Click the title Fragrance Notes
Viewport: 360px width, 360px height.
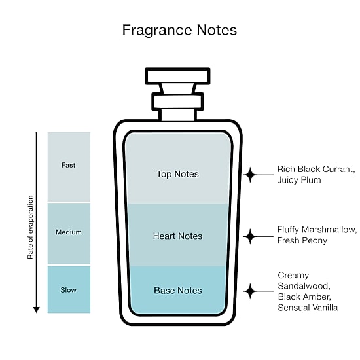tap(179, 30)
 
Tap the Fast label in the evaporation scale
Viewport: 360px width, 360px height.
tap(68, 165)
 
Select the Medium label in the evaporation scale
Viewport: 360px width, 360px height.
tap(69, 232)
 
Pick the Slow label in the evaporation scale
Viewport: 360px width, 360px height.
tap(69, 290)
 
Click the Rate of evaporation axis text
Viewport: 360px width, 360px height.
tap(30, 227)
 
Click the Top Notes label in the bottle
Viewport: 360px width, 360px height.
tap(177, 174)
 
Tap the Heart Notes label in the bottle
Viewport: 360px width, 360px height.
tap(177, 236)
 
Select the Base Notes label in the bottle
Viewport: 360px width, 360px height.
tap(178, 291)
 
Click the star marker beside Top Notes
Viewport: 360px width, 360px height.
tap(250, 175)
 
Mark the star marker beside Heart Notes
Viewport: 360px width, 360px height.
tap(250, 236)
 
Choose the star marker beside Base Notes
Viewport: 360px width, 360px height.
tap(250, 291)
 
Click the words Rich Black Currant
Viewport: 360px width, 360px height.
tap(315, 170)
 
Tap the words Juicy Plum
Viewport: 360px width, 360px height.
tap(299, 180)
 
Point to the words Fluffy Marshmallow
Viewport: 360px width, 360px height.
tap(315, 230)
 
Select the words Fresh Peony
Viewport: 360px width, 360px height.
tap(302, 241)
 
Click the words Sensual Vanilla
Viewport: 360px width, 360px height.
tap(308, 308)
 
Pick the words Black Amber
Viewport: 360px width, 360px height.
tap(304, 297)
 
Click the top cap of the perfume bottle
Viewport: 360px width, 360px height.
tap(177, 76)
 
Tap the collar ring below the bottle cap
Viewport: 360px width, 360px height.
tap(177, 101)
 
